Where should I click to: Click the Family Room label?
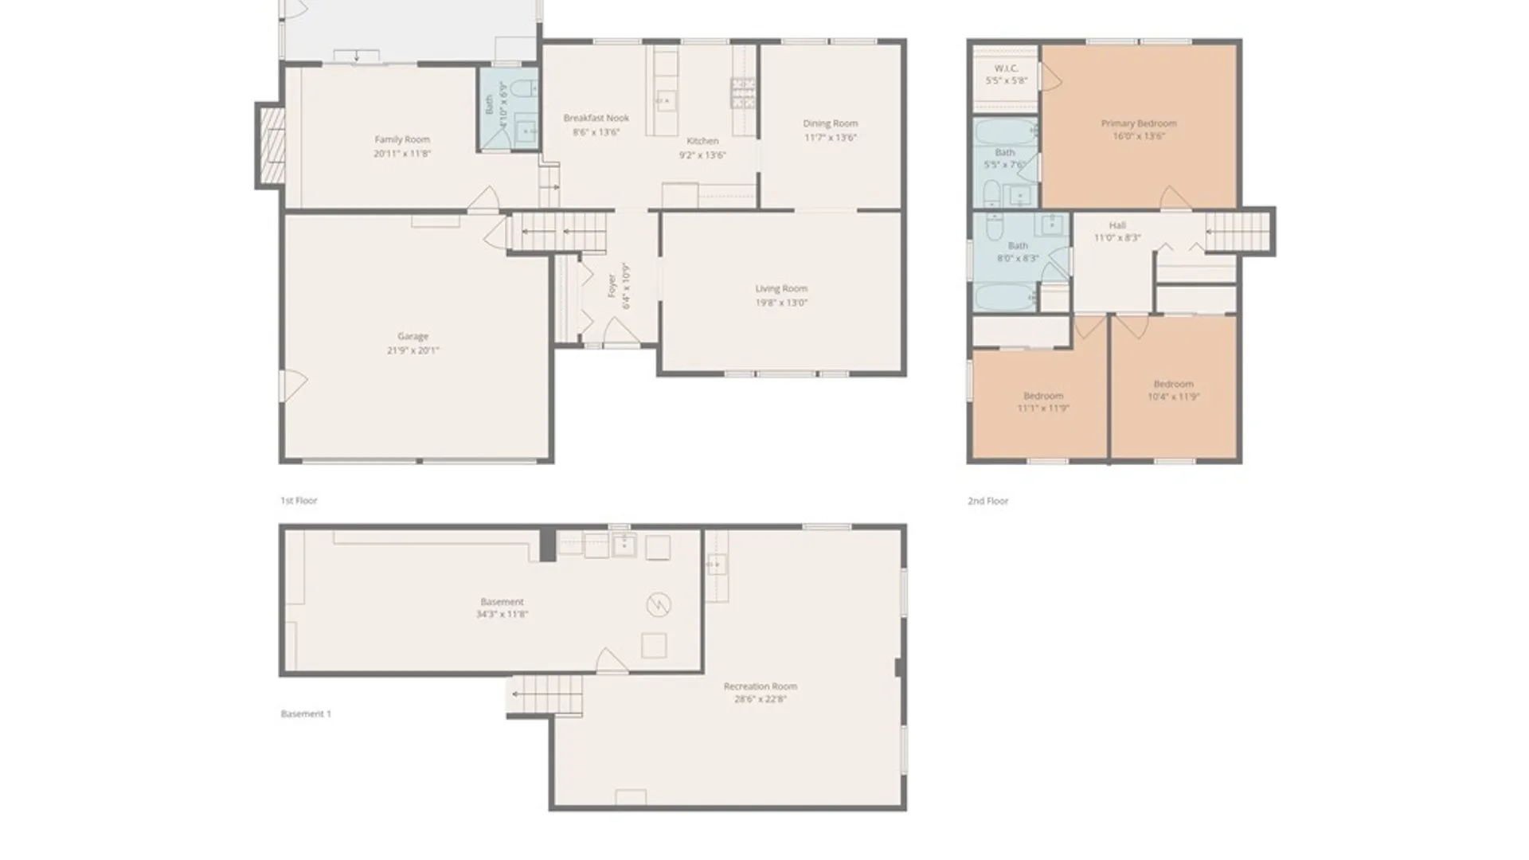[401, 139]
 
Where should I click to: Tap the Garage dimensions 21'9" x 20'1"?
[413, 350]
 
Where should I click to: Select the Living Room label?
[780, 288]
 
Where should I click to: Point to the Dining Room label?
[830, 123]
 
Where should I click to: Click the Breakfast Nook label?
[596, 118]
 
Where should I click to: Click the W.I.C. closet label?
[1006, 68]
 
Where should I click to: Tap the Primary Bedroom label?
[1138, 123]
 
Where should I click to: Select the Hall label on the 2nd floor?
[1116, 225]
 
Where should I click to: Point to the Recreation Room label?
[760, 686]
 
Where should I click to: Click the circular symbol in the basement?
[658, 605]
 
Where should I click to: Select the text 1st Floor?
[299, 501]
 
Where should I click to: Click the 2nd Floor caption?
[987, 501]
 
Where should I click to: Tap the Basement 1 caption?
[306, 714]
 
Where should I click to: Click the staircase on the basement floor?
[546, 694]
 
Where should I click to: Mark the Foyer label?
[612, 286]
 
